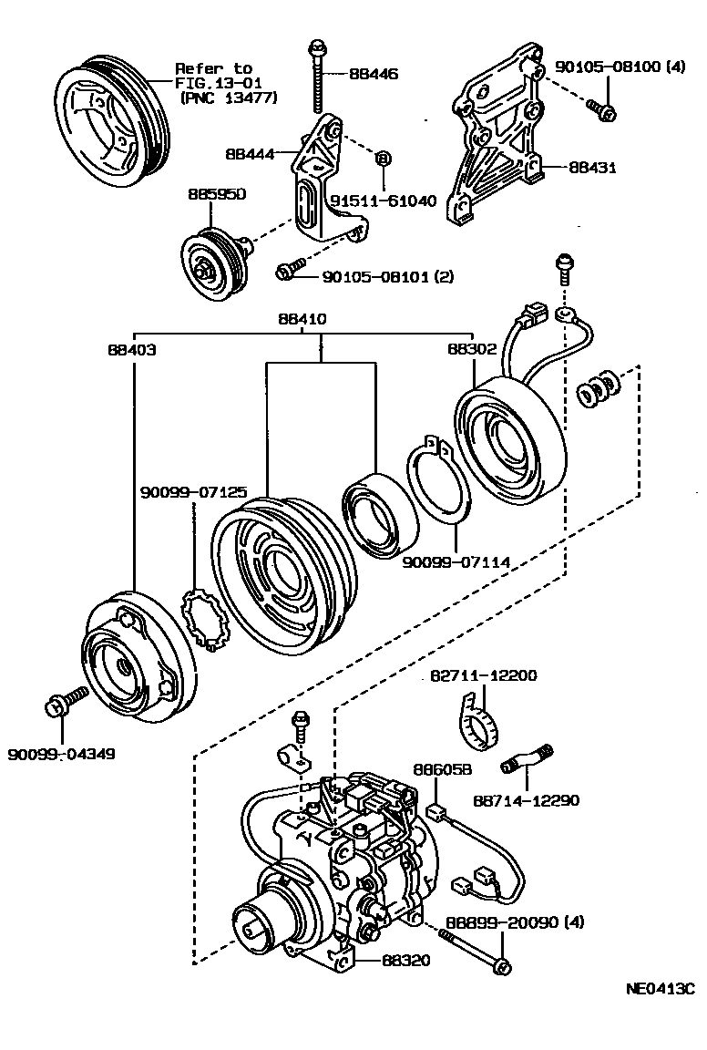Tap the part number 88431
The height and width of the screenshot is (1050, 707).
(592, 168)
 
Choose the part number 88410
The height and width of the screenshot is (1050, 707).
(303, 320)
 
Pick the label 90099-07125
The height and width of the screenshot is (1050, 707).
(193, 492)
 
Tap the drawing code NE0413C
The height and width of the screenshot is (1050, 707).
(660, 988)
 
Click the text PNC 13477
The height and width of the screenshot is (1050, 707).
(229, 98)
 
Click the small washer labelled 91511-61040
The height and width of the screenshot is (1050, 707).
(383, 159)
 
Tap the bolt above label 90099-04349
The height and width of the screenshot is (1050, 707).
(66, 704)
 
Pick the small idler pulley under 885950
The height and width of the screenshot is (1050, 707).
(211, 265)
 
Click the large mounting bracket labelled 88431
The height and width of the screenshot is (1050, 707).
(497, 146)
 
